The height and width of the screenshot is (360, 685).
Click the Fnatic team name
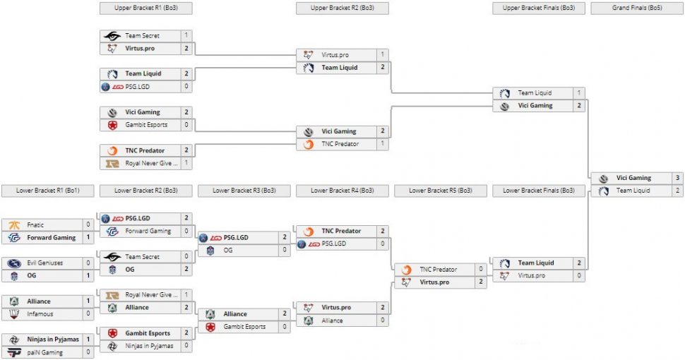coord(35,224)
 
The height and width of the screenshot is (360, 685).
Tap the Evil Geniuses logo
coord(14,263)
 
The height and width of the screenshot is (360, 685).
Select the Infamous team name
coord(40,314)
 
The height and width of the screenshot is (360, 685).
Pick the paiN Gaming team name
coord(44,352)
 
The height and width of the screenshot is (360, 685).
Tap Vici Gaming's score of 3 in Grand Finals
coord(677,178)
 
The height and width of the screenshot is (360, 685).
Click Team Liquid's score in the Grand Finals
coord(677,191)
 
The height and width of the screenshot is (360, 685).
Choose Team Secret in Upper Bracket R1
coord(142,35)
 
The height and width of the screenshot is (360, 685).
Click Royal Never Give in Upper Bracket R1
coord(151,163)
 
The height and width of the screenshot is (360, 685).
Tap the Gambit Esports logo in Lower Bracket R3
coord(210,327)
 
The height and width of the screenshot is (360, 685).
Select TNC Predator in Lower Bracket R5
coord(439,270)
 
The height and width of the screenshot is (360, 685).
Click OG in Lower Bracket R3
coord(228,250)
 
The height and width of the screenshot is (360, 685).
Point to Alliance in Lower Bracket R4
coord(332,320)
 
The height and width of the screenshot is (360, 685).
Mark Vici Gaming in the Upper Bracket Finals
coord(535,106)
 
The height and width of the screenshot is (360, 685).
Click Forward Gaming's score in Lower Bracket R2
coord(186,231)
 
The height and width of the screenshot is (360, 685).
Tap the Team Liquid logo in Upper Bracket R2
coord(309,68)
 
